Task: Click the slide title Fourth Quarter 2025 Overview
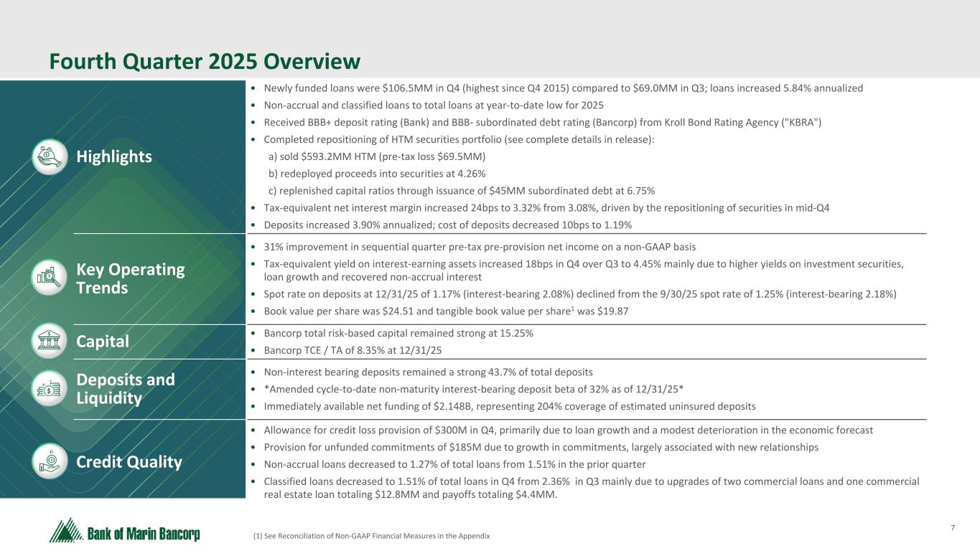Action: (205, 62)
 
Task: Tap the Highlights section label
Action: (114, 156)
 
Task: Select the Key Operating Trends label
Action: (131, 278)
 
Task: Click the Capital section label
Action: (103, 342)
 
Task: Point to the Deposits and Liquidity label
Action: (126, 388)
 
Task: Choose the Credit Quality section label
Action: (129, 461)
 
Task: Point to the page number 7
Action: (952, 529)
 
